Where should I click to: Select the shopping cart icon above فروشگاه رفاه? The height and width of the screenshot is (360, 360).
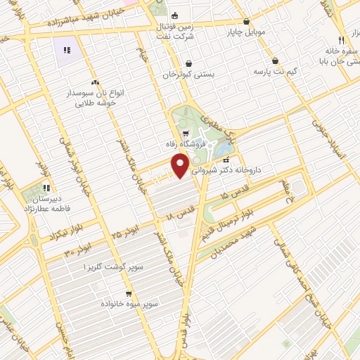185,133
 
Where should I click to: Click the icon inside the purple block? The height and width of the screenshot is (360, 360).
67,50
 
